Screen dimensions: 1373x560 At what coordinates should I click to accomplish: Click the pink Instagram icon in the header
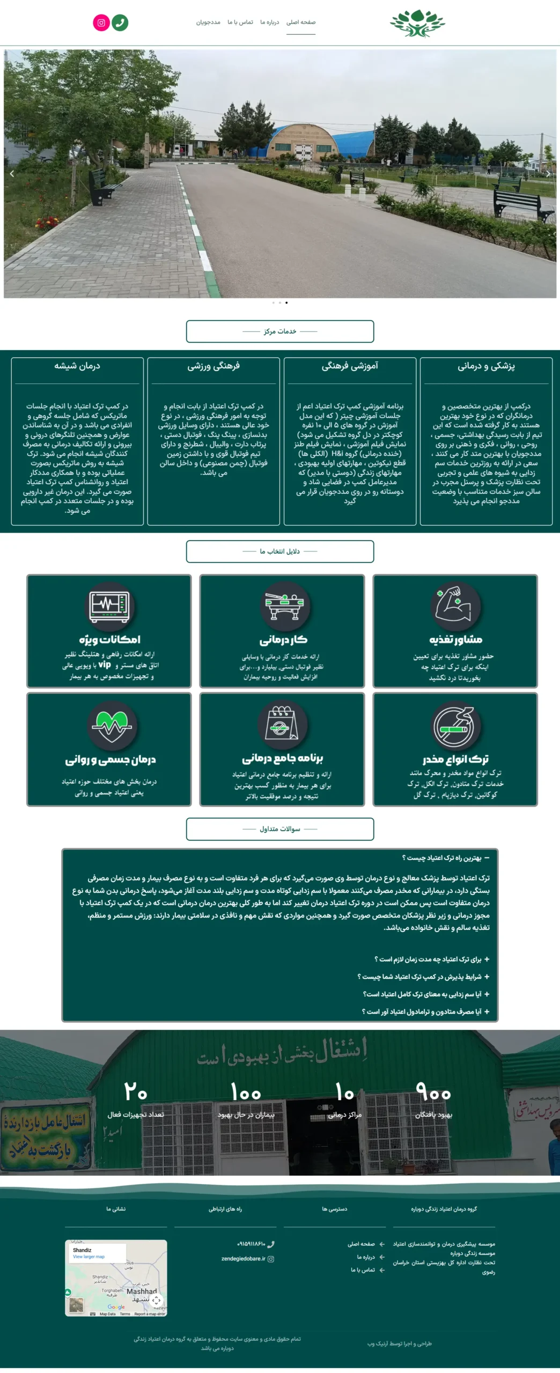(101, 23)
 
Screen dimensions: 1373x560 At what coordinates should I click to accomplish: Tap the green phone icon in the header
(120, 23)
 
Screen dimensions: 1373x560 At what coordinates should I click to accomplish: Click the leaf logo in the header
(417, 24)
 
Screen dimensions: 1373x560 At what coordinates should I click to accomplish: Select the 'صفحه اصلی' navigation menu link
(300, 23)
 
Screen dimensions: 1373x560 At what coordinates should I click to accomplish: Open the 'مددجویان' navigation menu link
(208, 23)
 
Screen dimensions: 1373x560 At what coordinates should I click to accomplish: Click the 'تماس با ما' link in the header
(240, 23)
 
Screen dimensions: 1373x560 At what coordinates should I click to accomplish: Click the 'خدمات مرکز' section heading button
(279, 331)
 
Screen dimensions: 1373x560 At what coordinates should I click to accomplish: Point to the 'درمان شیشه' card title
(77, 366)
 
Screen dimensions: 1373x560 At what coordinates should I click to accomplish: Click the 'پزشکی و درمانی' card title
(486, 366)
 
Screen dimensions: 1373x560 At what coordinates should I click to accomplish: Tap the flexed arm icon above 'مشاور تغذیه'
(455, 606)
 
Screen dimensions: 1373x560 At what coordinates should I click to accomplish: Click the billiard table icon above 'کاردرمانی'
(283, 606)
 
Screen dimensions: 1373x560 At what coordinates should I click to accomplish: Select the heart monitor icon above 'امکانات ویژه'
(109, 606)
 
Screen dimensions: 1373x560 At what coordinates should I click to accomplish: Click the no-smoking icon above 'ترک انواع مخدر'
(454, 726)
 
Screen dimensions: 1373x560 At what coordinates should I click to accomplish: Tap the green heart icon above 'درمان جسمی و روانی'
(111, 725)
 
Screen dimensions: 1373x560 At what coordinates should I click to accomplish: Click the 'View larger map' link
(89, 1257)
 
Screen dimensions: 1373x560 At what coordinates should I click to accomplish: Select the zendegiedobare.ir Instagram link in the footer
(244, 1259)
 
